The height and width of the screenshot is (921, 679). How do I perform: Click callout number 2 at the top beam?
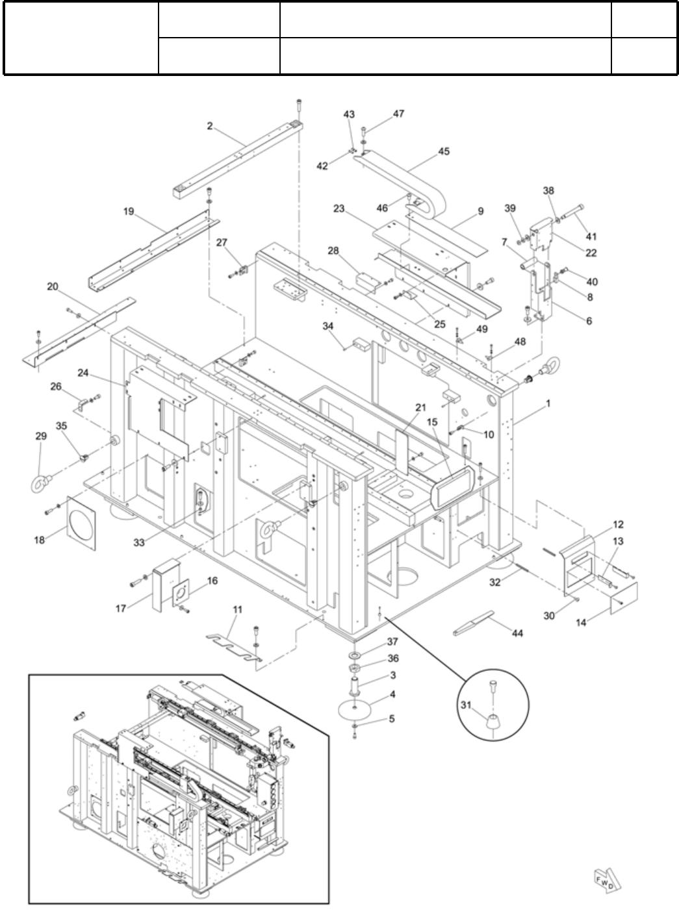click(x=209, y=125)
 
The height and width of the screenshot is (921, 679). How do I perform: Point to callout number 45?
click(x=444, y=151)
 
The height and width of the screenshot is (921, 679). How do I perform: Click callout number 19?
click(x=129, y=211)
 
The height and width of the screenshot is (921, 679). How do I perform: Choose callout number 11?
click(x=237, y=609)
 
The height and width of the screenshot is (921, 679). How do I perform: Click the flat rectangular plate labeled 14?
click(x=624, y=598)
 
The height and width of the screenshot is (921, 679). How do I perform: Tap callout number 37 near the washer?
click(x=392, y=641)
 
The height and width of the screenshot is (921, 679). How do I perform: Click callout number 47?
click(x=398, y=114)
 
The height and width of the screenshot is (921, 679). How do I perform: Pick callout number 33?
click(x=138, y=542)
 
